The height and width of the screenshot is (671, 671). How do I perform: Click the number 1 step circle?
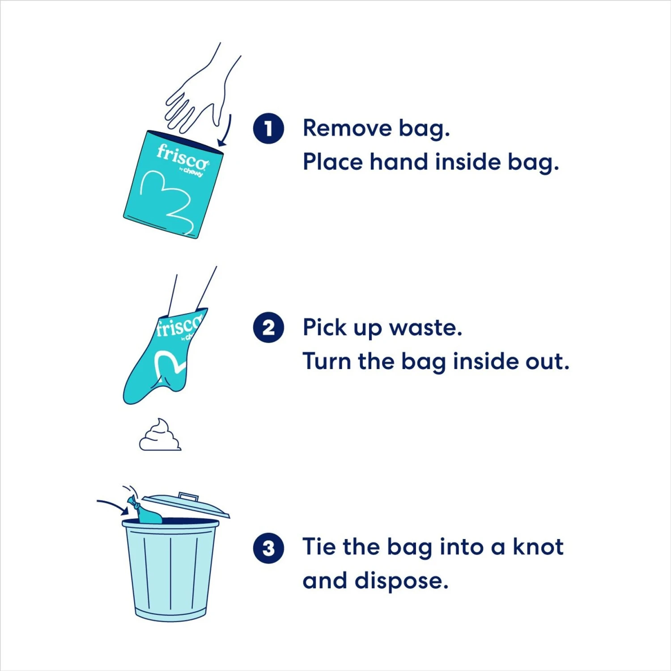tap(268, 128)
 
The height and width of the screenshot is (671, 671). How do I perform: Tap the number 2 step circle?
tap(268, 327)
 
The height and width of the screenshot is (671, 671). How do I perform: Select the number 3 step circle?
tap(268, 548)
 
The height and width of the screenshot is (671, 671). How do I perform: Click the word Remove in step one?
tap(347, 128)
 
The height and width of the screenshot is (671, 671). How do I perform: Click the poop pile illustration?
tap(160, 436)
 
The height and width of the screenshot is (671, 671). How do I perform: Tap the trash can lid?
tap(186, 505)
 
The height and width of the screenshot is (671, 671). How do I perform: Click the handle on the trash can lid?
tap(188, 496)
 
